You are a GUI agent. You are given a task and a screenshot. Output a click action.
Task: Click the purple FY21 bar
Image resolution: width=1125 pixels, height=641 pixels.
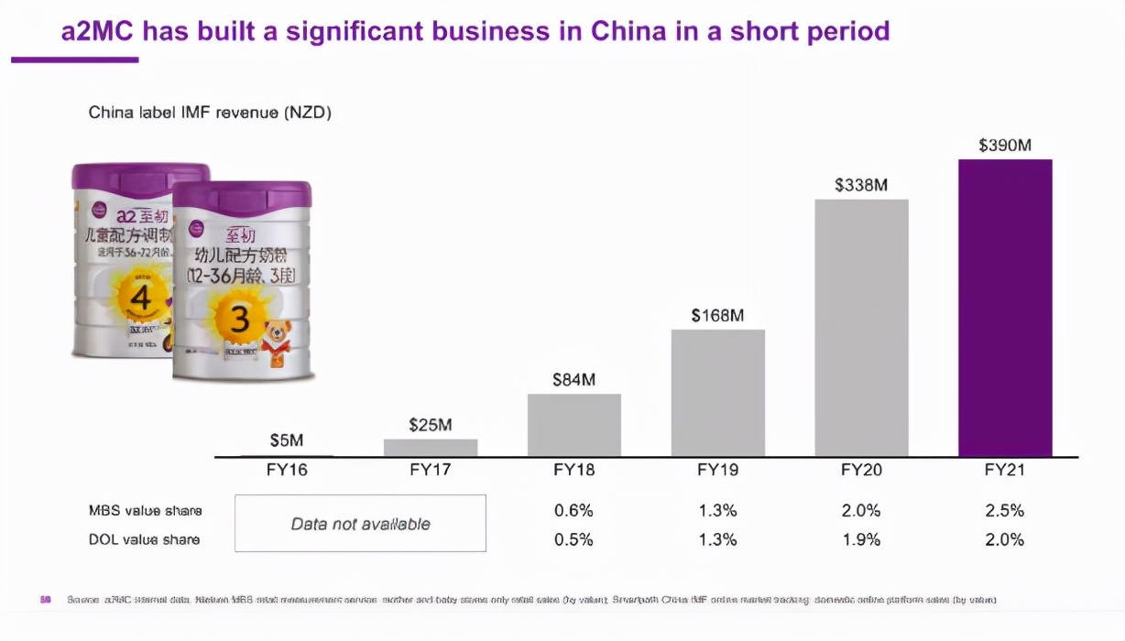[1005, 308]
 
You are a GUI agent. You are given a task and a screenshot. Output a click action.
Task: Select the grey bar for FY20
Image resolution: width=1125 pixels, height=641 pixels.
[861, 328]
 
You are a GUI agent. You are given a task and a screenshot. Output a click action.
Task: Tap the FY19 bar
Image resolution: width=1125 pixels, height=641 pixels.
[717, 393]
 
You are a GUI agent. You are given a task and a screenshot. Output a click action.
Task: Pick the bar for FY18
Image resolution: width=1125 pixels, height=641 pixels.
[574, 425]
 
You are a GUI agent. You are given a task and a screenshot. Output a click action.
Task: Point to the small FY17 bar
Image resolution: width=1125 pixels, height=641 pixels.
[431, 448]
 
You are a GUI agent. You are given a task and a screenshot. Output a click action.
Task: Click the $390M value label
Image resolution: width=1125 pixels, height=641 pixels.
[1005, 145]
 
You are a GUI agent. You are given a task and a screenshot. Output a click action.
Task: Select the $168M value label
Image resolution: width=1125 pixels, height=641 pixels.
[717, 315]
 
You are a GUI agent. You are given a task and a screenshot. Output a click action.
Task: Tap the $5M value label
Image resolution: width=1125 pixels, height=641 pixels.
[287, 440]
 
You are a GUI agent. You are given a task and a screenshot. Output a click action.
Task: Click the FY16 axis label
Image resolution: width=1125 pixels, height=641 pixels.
[287, 471]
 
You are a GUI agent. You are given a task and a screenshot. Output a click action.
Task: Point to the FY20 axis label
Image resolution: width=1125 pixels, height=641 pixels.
[861, 471]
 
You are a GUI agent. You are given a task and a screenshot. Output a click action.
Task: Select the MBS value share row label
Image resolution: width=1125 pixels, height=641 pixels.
[145, 510]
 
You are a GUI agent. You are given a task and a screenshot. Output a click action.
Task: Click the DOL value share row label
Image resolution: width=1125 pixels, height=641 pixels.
[145, 539]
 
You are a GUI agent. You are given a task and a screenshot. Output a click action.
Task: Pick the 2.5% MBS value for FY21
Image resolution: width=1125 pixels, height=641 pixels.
[1005, 510]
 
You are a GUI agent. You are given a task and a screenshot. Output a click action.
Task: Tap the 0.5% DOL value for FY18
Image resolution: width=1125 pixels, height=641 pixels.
[574, 539]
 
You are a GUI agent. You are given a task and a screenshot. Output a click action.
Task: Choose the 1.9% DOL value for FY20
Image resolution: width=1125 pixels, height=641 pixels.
[861, 539]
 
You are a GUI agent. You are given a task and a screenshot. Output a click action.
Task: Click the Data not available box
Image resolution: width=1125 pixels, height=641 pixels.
[360, 524]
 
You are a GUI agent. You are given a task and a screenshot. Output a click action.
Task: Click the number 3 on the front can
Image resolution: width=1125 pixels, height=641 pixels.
[240, 319]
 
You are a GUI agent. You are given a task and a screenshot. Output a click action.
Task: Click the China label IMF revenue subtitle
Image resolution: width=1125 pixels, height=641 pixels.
[210, 113]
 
